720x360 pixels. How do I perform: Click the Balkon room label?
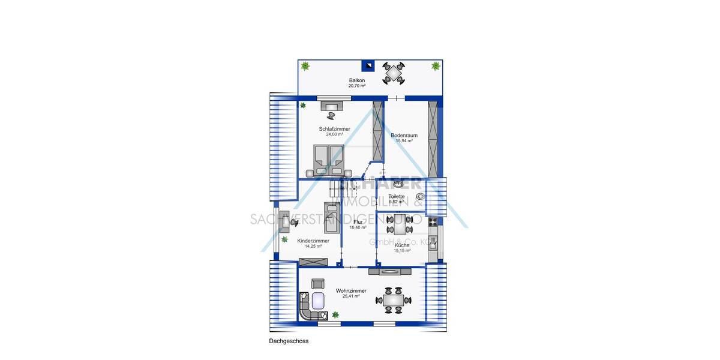click(x=357, y=80)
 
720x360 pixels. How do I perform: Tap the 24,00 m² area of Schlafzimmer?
click(x=334, y=134)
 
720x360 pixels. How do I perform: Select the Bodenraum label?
click(x=404, y=136)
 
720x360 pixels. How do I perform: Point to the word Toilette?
click(x=397, y=196)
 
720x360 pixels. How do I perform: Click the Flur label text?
click(x=358, y=222)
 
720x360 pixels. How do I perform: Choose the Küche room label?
click(x=402, y=245)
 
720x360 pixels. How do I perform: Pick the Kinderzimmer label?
click(x=313, y=241)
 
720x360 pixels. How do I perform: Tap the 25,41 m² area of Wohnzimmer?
click(x=351, y=296)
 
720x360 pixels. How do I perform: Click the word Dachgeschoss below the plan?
click(x=289, y=341)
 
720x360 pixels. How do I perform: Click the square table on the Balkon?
click(x=394, y=74)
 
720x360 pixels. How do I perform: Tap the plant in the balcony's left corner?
click(x=305, y=65)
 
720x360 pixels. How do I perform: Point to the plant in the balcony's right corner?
click(x=435, y=65)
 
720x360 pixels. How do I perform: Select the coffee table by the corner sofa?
click(x=317, y=301)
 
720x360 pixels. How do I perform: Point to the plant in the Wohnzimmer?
click(x=336, y=314)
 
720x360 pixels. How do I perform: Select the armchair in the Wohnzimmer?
click(x=317, y=283)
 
